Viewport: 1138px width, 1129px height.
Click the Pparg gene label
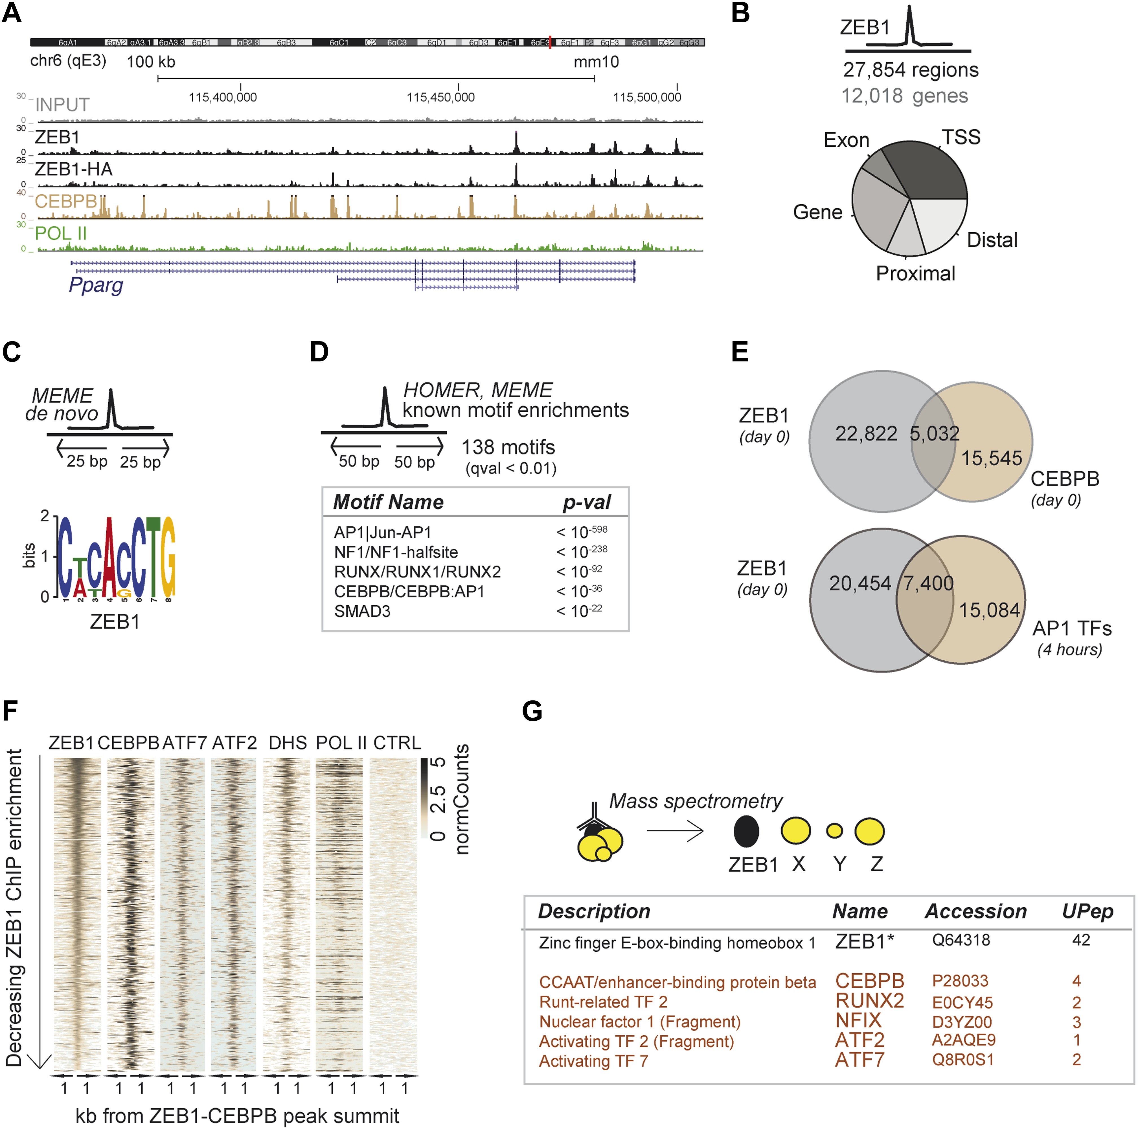(96, 285)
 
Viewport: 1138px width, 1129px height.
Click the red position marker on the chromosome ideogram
(550, 42)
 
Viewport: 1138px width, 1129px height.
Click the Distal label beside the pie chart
(992, 240)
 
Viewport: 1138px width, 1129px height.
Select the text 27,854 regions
(910, 70)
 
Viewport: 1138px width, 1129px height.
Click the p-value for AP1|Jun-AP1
(581, 532)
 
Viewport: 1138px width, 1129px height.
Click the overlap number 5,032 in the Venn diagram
(934, 434)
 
